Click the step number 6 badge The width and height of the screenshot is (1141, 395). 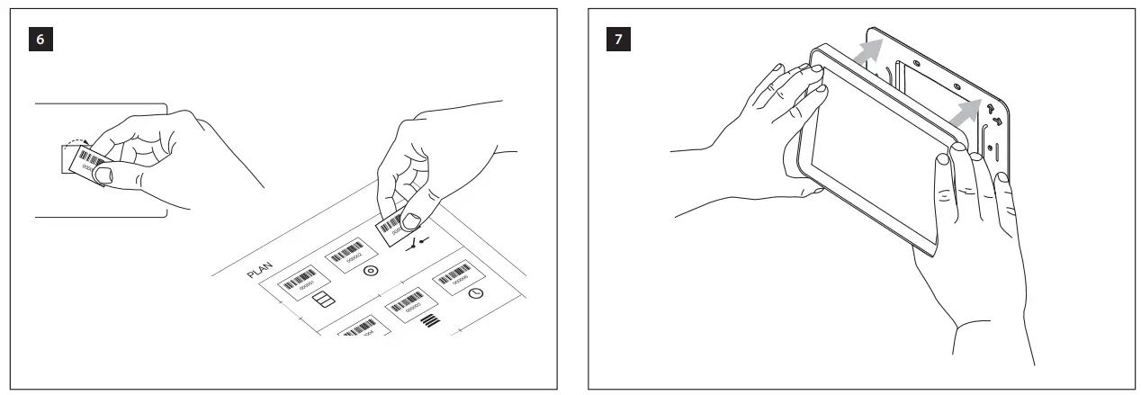click(x=41, y=40)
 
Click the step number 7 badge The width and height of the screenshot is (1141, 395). click(x=620, y=40)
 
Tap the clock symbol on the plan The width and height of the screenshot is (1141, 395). click(x=477, y=293)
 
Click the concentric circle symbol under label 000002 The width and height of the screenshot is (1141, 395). click(x=368, y=270)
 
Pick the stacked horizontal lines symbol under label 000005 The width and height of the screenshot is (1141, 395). click(x=431, y=320)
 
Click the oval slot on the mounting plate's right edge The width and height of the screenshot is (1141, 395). click(x=990, y=146)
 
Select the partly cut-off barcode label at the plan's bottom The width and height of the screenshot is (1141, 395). click(x=363, y=328)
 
